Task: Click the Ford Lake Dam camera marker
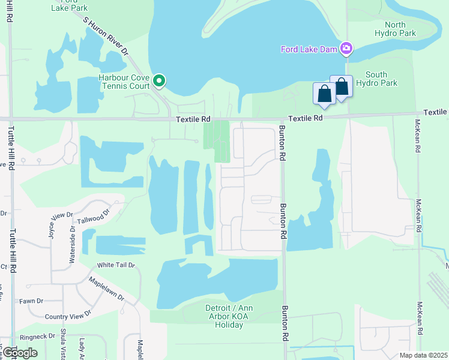pyautogui.click(x=346, y=48)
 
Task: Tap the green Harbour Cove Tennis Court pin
pyautogui.click(x=159, y=80)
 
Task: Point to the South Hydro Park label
pyautogui.click(x=376, y=79)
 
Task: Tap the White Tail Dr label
pyautogui.click(x=116, y=265)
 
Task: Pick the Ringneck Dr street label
pyautogui.click(x=37, y=336)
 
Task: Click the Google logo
pyautogui.click(x=20, y=353)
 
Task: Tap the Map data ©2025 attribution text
pyautogui.click(x=423, y=355)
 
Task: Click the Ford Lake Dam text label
pyautogui.click(x=309, y=49)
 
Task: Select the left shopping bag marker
pyautogui.click(x=324, y=94)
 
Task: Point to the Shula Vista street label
pyautogui.click(x=63, y=347)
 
